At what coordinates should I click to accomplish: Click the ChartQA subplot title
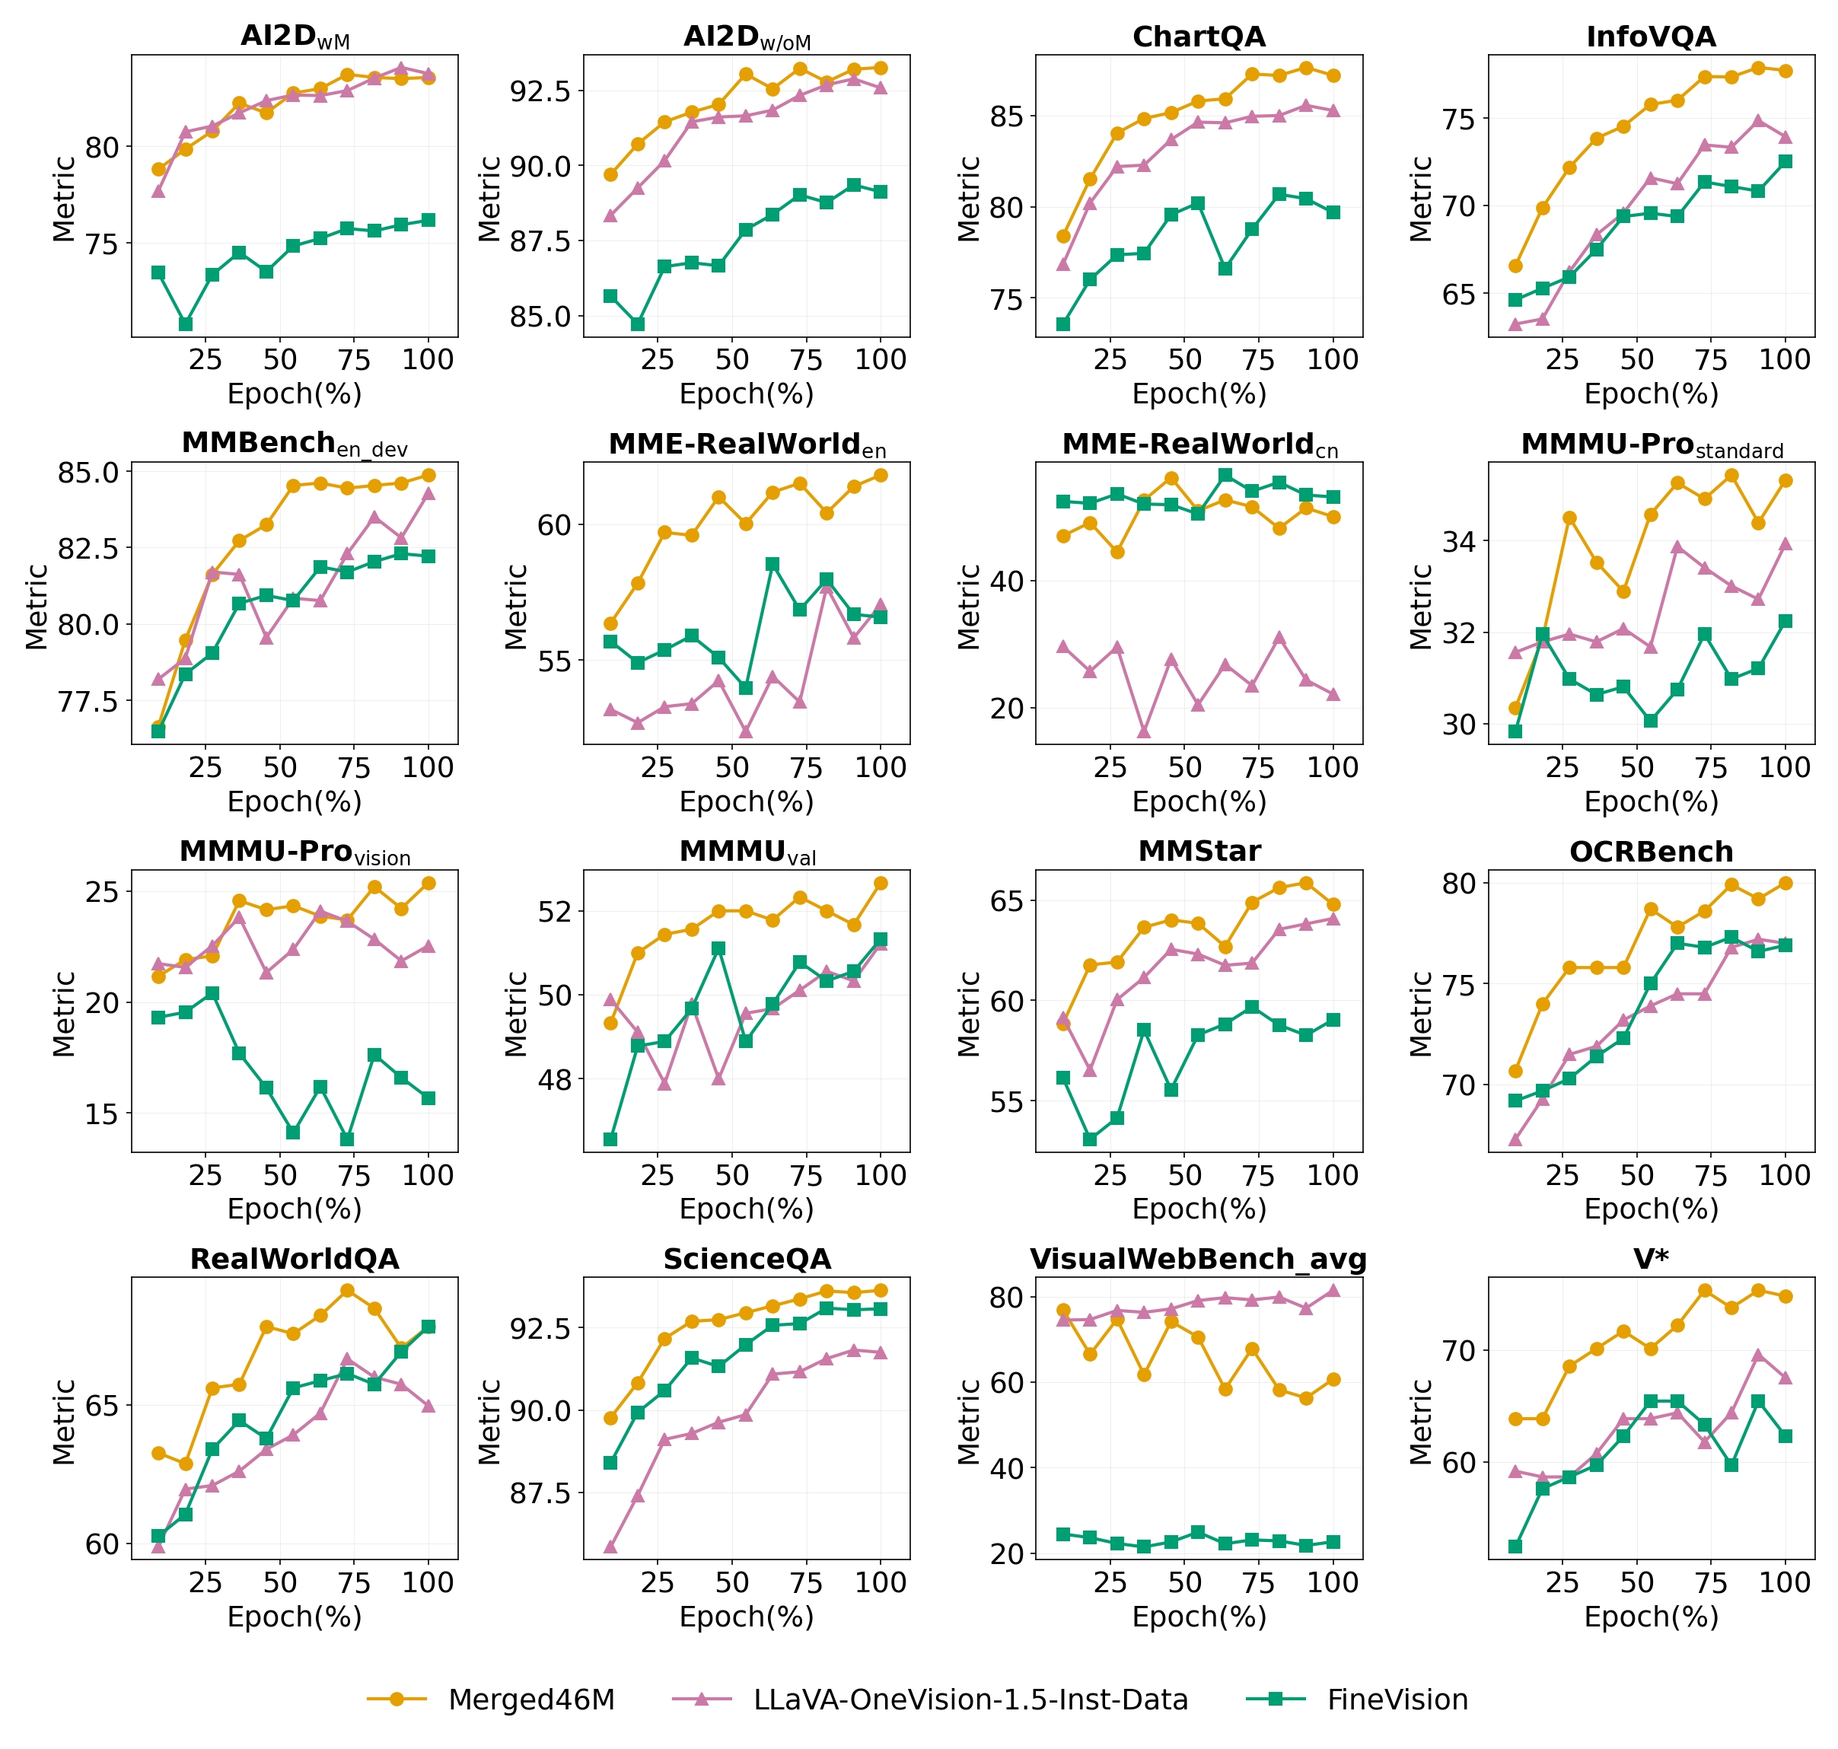[x=1199, y=37]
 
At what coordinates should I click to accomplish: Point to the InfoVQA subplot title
[x=1651, y=37]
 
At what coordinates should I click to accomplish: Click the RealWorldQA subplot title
[x=295, y=1259]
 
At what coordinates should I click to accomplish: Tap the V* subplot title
[x=1651, y=1259]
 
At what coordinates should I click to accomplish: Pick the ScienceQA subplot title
[x=747, y=1259]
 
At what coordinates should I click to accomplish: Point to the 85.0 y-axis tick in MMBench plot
[x=88, y=473]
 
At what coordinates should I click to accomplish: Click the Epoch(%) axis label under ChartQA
[x=1199, y=394]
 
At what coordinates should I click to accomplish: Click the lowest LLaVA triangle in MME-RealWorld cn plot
[x=1144, y=730]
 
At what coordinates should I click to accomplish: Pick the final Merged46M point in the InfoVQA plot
[x=1785, y=71]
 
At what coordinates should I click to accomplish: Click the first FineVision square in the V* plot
[x=1515, y=1547]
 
